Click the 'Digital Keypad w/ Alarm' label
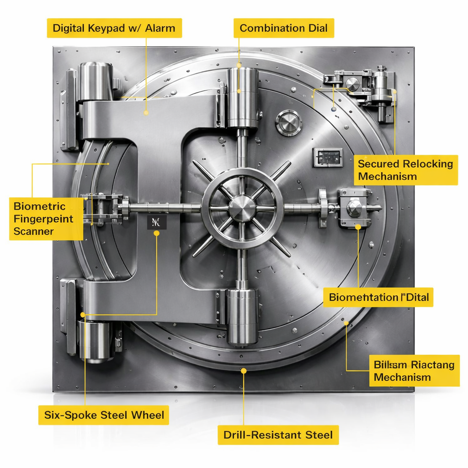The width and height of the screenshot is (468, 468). pyautogui.click(x=114, y=28)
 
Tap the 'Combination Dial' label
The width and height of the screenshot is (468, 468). pyautogui.click(x=283, y=28)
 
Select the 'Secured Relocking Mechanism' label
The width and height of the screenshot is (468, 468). pyautogui.click(x=405, y=170)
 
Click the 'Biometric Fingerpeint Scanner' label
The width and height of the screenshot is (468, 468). pyautogui.click(x=46, y=218)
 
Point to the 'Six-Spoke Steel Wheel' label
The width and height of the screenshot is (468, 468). pyautogui.click(x=104, y=415)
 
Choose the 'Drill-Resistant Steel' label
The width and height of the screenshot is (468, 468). pyautogui.click(x=278, y=435)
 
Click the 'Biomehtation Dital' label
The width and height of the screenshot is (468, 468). pyautogui.click(x=378, y=298)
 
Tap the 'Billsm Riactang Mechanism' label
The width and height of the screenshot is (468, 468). pyautogui.click(x=414, y=371)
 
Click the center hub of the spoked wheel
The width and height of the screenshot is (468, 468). pyautogui.click(x=242, y=208)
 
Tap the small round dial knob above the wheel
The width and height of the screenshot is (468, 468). pyautogui.click(x=288, y=122)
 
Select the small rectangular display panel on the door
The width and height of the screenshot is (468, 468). pyautogui.click(x=327, y=157)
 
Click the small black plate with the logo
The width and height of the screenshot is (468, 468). pyautogui.click(x=157, y=223)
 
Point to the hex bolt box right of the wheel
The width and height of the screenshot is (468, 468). pyautogui.click(x=355, y=208)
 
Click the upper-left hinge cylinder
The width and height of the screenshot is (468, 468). pyautogui.click(x=95, y=81)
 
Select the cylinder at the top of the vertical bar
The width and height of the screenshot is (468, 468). pyautogui.click(x=242, y=97)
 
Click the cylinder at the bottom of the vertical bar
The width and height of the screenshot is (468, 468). pyautogui.click(x=242, y=317)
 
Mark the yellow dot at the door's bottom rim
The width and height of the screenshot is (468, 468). pyautogui.click(x=244, y=371)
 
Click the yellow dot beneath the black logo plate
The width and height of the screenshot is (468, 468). pyautogui.click(x=157, y=233)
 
